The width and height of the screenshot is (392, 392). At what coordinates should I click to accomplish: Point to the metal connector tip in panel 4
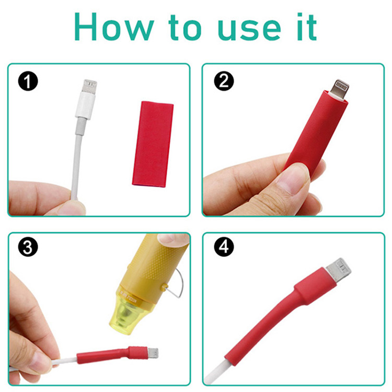pos(339,268)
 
